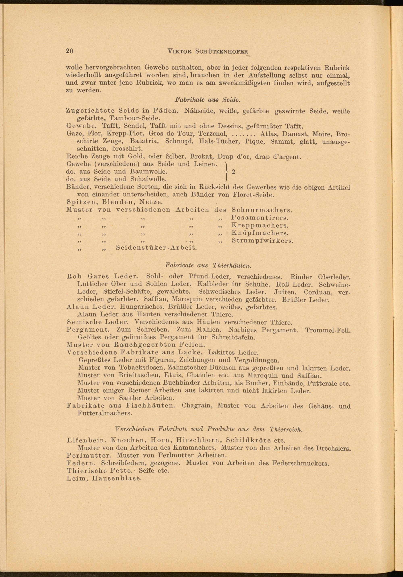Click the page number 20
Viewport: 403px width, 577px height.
click(69, 51)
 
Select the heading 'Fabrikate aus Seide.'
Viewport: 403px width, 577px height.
click(208, 100)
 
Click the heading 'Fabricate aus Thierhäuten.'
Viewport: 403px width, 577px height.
click(208, 265)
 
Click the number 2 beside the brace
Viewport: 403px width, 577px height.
click(233, 172)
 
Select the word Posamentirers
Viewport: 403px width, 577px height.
click(260, 217)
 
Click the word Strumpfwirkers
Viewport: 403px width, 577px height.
click(262, 240)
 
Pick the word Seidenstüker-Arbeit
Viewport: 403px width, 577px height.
click(156, 248)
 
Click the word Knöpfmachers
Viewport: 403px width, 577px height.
click(260, 233)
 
